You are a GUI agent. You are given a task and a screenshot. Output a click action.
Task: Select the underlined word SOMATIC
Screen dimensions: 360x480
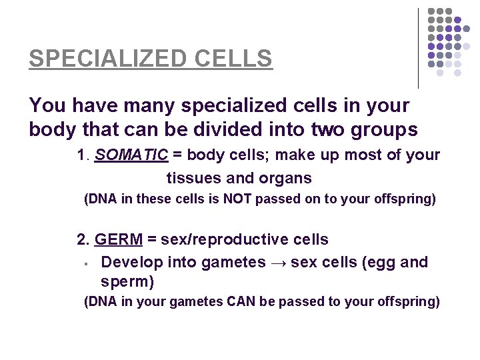(131, 155)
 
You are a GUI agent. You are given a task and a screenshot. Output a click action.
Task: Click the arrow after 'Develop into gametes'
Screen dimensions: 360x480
(280, 263)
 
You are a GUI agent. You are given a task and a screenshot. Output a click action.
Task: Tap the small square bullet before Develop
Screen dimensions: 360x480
(87, 264)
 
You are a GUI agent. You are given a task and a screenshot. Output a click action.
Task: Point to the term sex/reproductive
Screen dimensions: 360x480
(215, 239)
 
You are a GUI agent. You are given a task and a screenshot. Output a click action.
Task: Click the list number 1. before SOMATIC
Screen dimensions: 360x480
(83, 155)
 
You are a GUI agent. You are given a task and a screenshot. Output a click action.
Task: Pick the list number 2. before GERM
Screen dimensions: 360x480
(83, 239)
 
